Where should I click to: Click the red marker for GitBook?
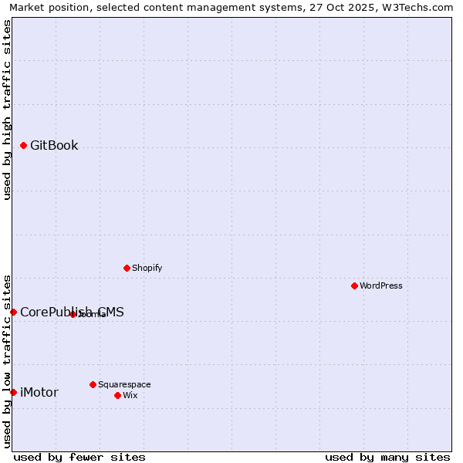[23, 145]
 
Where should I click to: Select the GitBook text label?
[54, 146]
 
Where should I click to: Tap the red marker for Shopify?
[127, 268]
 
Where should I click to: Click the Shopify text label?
[147, 269]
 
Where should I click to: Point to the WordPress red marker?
[354, 286]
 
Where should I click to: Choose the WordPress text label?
[381, 286]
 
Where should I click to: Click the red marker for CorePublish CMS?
[13, 312]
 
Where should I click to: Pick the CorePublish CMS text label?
[72, 313]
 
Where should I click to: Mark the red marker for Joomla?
[73, 314]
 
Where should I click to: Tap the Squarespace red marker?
[93, 384]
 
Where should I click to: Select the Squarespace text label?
[124, 385]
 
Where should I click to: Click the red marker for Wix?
[117, 395]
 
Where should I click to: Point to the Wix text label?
[130, 396]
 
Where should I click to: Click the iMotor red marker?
[13, 392]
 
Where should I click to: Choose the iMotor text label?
[39, 393]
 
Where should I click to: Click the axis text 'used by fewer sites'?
[79, 457]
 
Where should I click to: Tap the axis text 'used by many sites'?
[387, 457]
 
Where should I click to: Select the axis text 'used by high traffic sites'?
[7, 110]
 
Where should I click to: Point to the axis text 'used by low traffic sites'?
[7, 361]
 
